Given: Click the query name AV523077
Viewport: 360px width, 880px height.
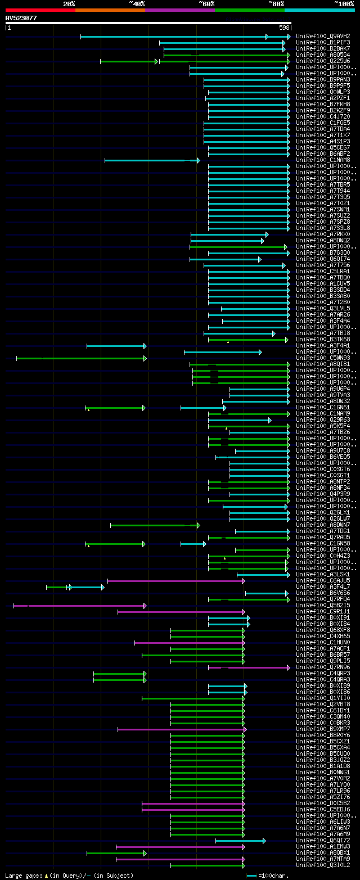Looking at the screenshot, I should (21, 18).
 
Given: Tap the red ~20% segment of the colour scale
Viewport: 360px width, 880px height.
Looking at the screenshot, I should (40, 10).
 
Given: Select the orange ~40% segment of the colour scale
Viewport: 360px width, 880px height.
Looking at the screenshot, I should (110, 10).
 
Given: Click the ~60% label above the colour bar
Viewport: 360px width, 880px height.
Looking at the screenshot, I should (206, 3).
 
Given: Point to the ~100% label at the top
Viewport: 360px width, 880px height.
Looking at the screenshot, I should (344, 3).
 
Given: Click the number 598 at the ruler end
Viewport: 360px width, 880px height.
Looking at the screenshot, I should (284, 28).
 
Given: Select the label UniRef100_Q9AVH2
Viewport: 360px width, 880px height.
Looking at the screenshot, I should (322, 37).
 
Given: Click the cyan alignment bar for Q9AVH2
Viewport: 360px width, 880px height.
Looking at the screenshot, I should (186, 37).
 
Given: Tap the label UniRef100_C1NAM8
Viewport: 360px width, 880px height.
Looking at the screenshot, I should (322, 160).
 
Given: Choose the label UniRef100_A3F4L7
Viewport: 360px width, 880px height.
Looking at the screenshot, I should (322, 586).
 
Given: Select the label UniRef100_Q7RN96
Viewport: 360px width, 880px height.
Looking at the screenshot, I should (322, 667).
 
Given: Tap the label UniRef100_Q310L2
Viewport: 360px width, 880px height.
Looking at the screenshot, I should (322, 865).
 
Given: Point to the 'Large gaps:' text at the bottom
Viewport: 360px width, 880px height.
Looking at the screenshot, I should (22, 876).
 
